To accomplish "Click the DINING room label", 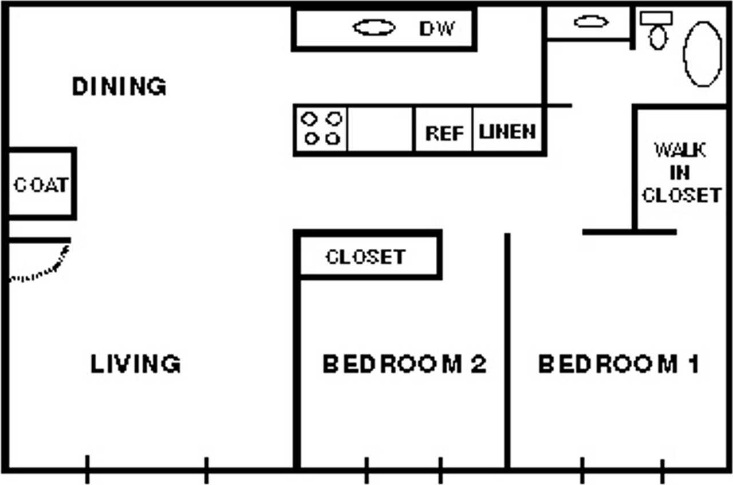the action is pos(120,87).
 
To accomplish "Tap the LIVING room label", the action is pos(136,363).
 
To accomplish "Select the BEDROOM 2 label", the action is pos(405,363).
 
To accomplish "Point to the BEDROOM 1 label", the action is pos(618,363).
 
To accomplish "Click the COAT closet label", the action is pos(41,185).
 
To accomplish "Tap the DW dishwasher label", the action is pos(437,29).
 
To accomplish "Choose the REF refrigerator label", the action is pos(444,134).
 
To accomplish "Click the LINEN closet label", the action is pos(507,132).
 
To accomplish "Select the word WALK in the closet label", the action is pos(680,150).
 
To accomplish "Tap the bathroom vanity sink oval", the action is pos(591,22).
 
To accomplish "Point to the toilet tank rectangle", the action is pos(656,18).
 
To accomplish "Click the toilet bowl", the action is pos(658,38).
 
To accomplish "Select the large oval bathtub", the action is pos(703,54).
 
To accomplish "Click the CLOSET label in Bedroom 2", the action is pos(366,257).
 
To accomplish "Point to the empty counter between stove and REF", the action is pos(380,129).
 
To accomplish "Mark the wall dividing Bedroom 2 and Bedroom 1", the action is pos(507,351).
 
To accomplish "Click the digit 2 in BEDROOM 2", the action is pos(479,363).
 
